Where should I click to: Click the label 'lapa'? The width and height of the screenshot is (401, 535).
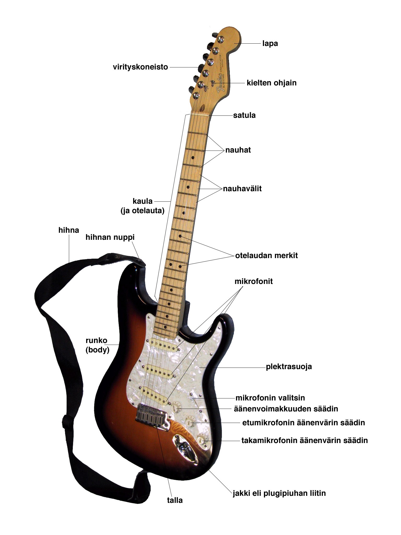coord(270,43)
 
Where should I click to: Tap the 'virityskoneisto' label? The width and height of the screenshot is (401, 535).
coord(140,67)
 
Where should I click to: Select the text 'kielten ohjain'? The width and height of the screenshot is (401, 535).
coord(272,83)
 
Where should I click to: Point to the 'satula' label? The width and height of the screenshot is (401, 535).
coord(244,115)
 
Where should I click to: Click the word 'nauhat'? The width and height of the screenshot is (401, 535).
coord(238,150)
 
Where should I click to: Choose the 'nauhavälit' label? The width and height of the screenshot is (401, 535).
coord(242,189)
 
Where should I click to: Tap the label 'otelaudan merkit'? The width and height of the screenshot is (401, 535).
coord(267,255)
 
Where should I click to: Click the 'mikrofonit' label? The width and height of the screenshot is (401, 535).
coord(253,281)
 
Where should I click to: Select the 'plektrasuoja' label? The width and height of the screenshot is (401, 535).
coord(289,367)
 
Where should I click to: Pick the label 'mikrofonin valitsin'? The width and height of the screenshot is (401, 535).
coord(270,398)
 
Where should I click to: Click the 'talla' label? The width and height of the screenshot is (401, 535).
coord(175,500)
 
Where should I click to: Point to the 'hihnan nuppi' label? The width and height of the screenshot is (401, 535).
coord(110,237)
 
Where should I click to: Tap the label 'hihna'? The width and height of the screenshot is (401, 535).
coord(69,230)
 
